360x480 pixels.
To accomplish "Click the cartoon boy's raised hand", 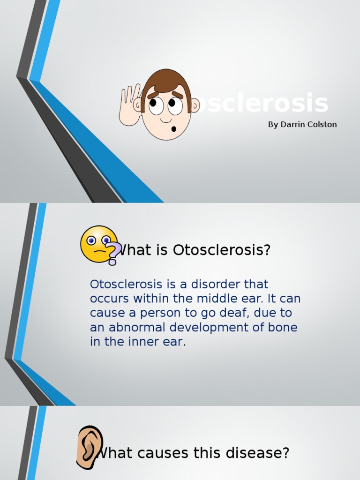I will [x=129, y=106].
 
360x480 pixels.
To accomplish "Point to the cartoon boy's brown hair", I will [x=166, y=81].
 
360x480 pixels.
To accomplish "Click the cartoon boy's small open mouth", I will [x=173, y=128].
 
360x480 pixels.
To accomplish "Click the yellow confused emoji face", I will [x=97, y=243].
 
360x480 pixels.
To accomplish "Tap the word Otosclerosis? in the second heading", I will [x=222, y=250].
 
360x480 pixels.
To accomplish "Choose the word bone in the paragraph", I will [x=283, y=327].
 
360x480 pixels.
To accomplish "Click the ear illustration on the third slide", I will [x=89, y=447].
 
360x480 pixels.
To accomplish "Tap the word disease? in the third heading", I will [x=258, y=453].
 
